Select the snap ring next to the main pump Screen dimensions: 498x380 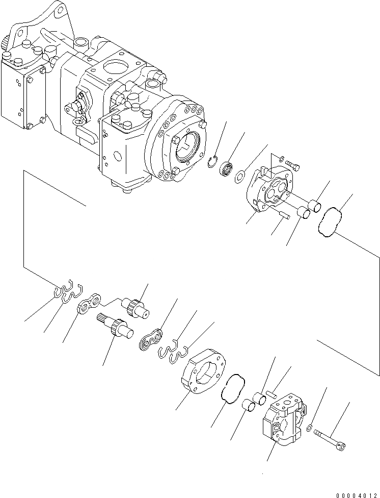[x=215, y=162]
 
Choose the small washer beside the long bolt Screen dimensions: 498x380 [x=310, y=427]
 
